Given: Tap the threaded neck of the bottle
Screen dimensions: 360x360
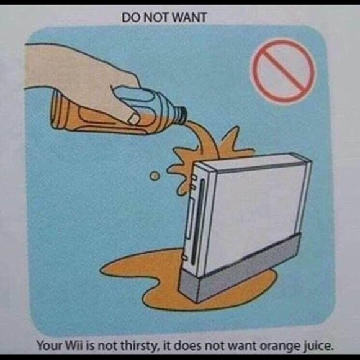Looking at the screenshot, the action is [181, 115].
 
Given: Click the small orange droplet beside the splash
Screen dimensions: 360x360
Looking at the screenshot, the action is [155, 176].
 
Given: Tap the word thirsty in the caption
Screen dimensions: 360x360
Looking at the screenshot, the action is [140, 346].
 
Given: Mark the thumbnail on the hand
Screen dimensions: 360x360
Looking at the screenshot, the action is [133, 119].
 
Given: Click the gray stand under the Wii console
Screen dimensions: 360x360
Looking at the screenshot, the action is [239, 270].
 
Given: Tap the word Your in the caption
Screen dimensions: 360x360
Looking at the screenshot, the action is [48, 346].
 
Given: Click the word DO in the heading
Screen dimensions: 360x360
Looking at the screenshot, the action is [132, 17].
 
